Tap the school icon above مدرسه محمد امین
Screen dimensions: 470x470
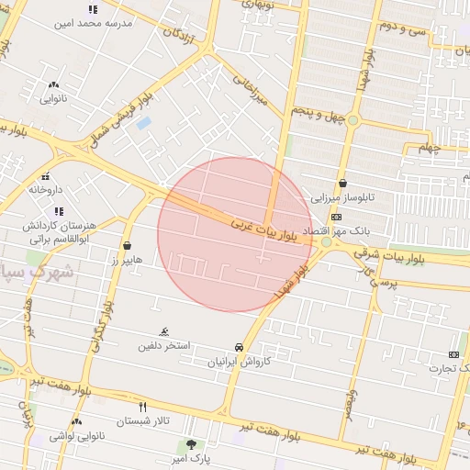pyautogui.click(x=93, y=9)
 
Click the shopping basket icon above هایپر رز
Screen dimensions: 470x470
pyautogui.click(x=127, y=246)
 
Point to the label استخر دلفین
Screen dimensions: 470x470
pyautogui.click(x=164, y=346)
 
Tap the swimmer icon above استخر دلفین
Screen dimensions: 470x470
pyautogui.click(x=163, y=331)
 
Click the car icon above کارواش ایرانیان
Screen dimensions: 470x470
pyautogui.click(x=239, y=348)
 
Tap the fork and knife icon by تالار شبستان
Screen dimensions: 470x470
pyautogui.click(x=142, y=407)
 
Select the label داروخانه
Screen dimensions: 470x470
pyautogui.click(x=46, y=189)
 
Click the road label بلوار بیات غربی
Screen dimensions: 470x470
pyautogui.click(x=264, y=229)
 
